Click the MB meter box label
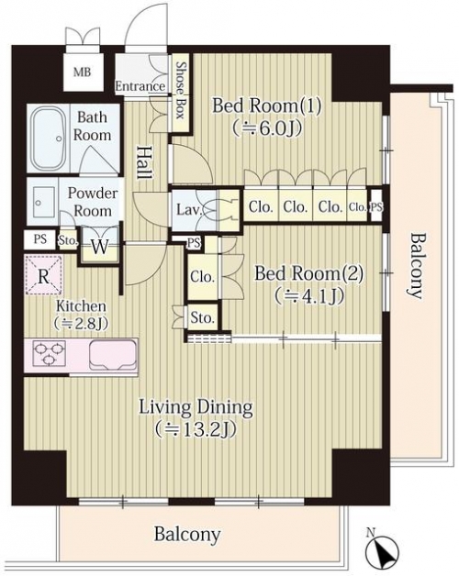pyautogui.click(x=82, y=72)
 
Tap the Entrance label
pyautogui.click(x=140, y=86)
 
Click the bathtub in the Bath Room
pyautogui.click(x=50, y=138)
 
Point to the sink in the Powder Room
pyautogui.click(x=43, y=202)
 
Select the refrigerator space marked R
pyautogui.click(x=43, y=275)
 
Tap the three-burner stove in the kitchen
pyautogui.click(x=50, y=353)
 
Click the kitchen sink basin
pyautogui.click(x=113, y=354)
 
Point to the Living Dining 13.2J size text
pyautogui.click(x=195, y=428)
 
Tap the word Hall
pyautogui.click(x=144, y=163)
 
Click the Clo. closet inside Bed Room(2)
pyautogui.click(x=202, y=277)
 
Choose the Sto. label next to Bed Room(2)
pyautogui.click(x=202, y=317)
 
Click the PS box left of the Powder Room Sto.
pyautogui.click(x=40, y=239)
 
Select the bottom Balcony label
pyautogui.click(x=187, y=534)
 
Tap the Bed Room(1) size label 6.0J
pyautogui.click(x=267, y=128)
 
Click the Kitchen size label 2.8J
pyautogui.click(x=81, y=323)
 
